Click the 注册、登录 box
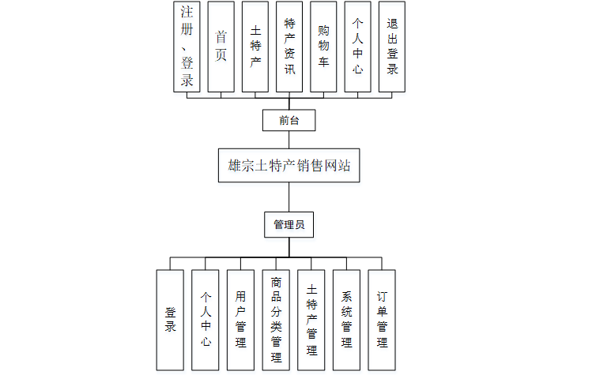(x=187, y=47)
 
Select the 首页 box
(x=221, y=47)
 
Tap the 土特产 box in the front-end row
(x=255, y=47)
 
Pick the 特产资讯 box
(x=289, y=47)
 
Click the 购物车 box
(x=323, y=47)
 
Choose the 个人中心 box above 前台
(x=357, y=47)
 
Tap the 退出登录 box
(x=392, y=47)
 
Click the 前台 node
(x=289, y=121)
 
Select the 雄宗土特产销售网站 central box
(x=289, y=167)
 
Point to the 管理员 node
(x=289, y=225)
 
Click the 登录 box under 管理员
(x=170, y=320)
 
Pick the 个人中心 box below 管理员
(x=205, y=320)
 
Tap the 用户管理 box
(x=240, y=320)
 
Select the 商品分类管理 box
(x=276, y=320)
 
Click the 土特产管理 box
(x=311, y=320)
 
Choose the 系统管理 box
(x=346, y=320)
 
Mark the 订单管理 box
(x=382, y=320)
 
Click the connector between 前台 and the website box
(x=289, y=140)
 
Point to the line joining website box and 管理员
(x=289, y=197)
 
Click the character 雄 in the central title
(x=235, y=167)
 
